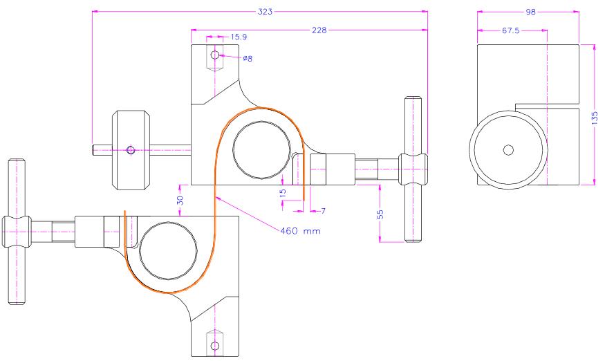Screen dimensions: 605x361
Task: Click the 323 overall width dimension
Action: pyautogui.click(x=265, y=12)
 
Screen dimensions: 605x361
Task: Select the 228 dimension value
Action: pyautogui.click(x=319, y=30)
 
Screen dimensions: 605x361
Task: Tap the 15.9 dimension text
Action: pyautogui.click(x=239, y=37)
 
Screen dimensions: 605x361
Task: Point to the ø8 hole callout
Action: pyautogui.click(x=248, y=58)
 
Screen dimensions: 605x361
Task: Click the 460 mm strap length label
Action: pyautogui.click(x=300, y=231)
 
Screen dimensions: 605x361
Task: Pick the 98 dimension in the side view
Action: pyautogui.click(x=531, y=12)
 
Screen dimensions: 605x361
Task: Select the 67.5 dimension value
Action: pyautogui.click(x=510, y=30)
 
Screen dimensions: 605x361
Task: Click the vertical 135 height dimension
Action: pyautogui.click(x=595, y=118)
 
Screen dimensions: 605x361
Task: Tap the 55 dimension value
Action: pyautogui.click(x=380, y=214)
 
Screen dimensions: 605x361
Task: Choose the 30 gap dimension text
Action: pyautogui.click(x=180, y=200)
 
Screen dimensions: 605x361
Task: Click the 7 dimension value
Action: pyautogui.click(x=324, y=211)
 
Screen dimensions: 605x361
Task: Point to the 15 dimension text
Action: pyautogui.click(x=283, y=192)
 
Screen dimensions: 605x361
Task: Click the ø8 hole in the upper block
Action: pyautogui.click(x=215, y=55)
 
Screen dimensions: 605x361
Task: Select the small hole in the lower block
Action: pyautogui.click(x=215, y=346)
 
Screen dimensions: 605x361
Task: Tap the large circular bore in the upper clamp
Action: pyautogui.click(x=261, y=150)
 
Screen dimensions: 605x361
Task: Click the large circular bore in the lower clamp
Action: pyautogui.click(x=168, y=251)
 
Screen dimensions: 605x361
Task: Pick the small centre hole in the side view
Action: pyautogui.click(x=508, y=150)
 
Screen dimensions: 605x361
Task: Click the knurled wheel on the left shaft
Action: pyautogui.click(x=131, y=150)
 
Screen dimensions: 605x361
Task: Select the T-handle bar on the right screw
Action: pyautogui.click(x=413, y=169)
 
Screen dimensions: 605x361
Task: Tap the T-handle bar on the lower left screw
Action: pyautogui.click(x=17, y=231)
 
